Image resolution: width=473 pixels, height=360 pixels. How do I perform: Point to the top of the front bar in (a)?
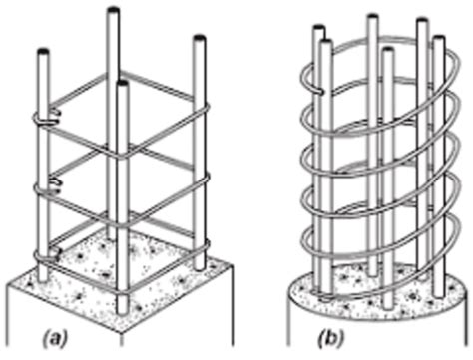(x=122, y=86)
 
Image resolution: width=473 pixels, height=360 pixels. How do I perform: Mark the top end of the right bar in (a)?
(x=203, y=40)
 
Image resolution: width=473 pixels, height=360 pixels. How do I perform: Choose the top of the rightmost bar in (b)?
(x=437, y=41)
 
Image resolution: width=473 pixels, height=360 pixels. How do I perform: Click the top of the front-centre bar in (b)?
(x=386, y=50)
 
